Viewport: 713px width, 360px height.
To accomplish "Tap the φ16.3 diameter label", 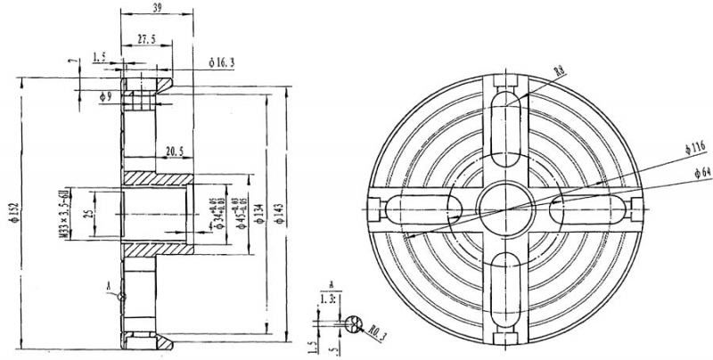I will pyautogui.click(x=222, y=62).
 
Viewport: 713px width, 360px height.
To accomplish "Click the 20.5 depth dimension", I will pyautogui.click(x=173, y=151).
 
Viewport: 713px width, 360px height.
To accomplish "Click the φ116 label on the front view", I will pyautogui.click(x=695, y=144).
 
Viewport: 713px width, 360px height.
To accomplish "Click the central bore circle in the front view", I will pyautogui.click(x=505, y=209).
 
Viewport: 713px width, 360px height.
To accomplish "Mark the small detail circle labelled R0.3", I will pyautogui.click(x=356, y=324).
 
